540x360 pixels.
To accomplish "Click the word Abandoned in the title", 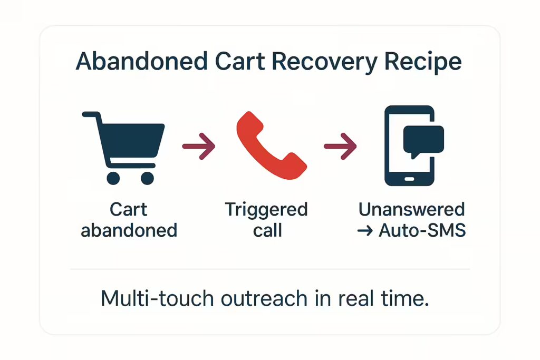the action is (141, 62).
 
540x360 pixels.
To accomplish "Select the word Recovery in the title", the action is (324, 63).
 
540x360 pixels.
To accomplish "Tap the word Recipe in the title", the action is (422, 63).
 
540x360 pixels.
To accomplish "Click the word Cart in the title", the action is (240, 62).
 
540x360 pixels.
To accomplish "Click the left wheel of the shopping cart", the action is (113, 178).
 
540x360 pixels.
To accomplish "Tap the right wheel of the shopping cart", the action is (148, 178).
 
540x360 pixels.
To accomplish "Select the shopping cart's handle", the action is (91, 115).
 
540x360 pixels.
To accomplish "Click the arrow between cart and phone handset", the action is (199, 147).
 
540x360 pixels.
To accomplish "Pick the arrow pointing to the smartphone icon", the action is (340, 147).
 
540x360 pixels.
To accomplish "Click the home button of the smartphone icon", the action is (409, 179).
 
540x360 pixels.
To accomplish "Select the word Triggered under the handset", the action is (266, 210).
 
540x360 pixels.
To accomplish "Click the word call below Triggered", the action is (267, 230).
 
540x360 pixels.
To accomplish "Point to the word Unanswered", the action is (411, 210).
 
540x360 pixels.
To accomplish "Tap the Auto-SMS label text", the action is (422, 230).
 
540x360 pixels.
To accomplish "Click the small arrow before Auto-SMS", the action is (365, 231).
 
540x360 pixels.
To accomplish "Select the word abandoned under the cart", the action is (129, 230).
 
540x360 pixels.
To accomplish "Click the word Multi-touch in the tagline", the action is (157, 298).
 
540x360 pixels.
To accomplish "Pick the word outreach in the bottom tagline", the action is (264, 298).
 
